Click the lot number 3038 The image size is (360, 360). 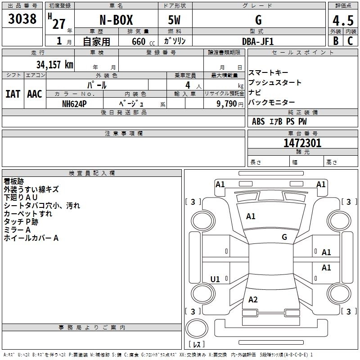pyautogui.click(x=22, y=19)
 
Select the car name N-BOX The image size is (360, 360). pyautogui.click(x=116, y=20)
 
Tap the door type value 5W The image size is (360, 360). pyautogui.click(x=175, y=20)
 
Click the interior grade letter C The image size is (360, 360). pyautogui.click(x=350, y=40)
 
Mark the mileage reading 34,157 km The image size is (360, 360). pyautogui.click(x=54, y=64)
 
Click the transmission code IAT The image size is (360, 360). pyautogui.click(x=13, y=94)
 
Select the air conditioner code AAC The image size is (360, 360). pyautogui.click(x=34, y=94)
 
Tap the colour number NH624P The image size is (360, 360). pyautogui.click(x=74, y=103)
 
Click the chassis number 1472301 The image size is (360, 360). pyautogui.click(x=302, y=144)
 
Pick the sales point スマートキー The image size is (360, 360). pyautogui.click(x=268, y=73)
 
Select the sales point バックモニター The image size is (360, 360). pyautogui.click(x=272, y=103)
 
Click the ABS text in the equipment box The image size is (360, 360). pyautogui.click(x=258, y=121)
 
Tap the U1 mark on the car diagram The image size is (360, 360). pyautogui.click(x=215, y=279)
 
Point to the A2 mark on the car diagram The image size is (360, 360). pyautogui.click(x=253, y=300)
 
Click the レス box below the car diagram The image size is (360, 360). pyautogui.click(x=196, y=345)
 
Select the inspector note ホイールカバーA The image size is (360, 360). pyautogui.click(x=31, y=238)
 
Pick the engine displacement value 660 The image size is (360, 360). pyautogui.click(x=139, y=41)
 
